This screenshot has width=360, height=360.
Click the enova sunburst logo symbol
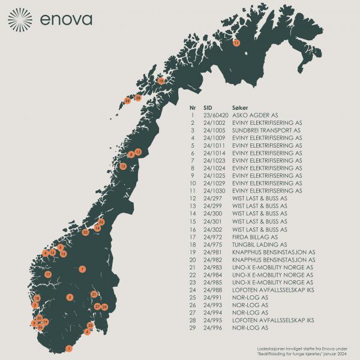20,20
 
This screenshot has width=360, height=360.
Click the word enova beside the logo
67,19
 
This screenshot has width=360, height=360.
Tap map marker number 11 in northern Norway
236,43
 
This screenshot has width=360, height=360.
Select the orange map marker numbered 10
161,80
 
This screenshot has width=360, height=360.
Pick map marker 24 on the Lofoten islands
127,100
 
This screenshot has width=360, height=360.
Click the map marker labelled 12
123,166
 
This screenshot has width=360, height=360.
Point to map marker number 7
82,269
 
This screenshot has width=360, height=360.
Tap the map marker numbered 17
48,274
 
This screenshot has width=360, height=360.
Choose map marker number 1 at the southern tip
69,349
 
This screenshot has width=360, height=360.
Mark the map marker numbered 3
70,297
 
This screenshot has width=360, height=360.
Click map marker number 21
94,294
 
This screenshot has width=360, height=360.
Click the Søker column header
240,106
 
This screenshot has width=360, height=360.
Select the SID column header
208,106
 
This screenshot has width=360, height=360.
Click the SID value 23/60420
216,115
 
